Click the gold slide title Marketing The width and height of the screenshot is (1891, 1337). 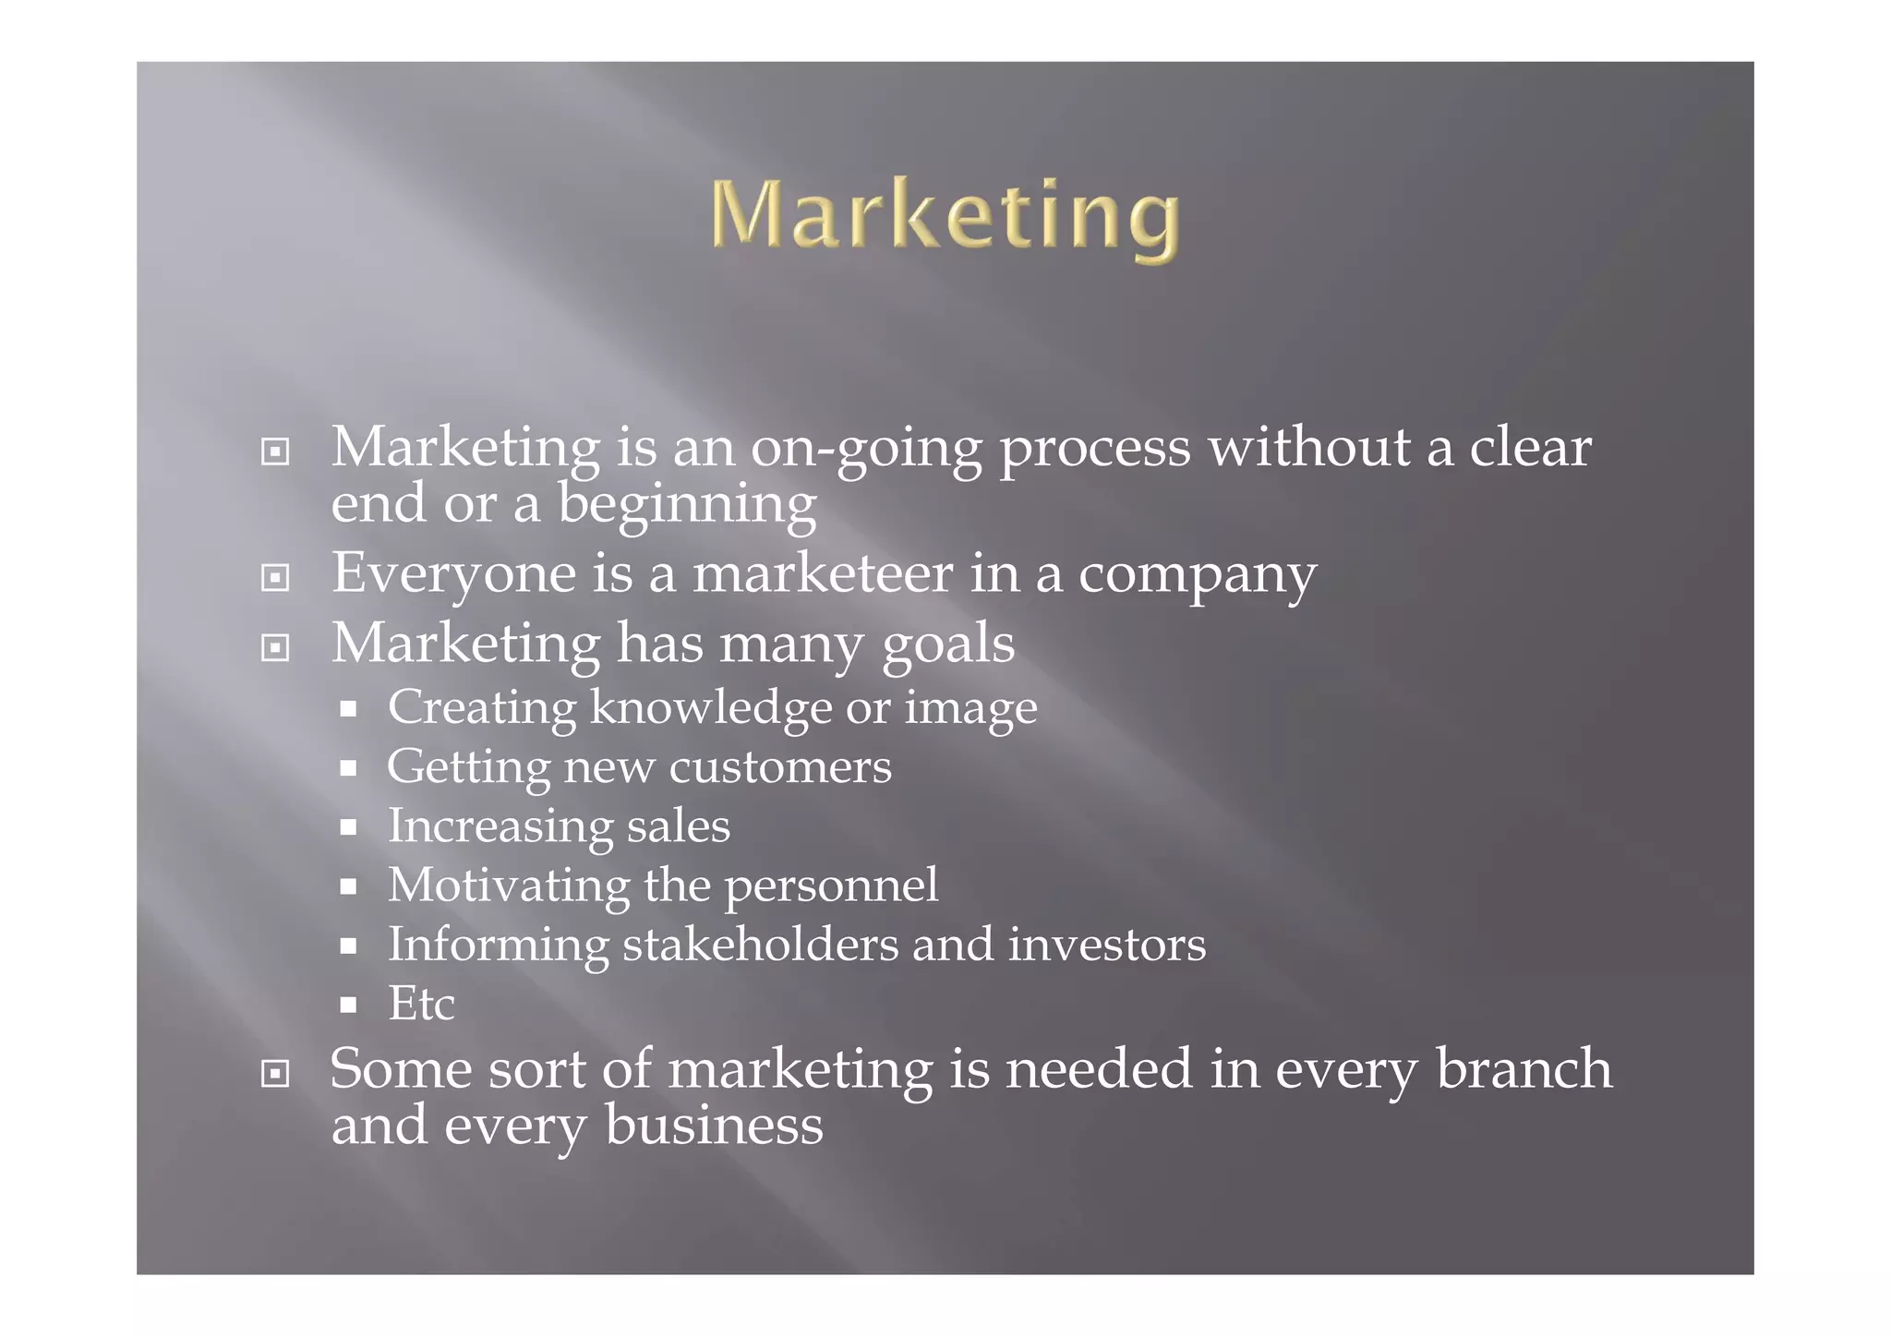coord(945,216)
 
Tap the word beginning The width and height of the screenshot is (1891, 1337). coord(687,506)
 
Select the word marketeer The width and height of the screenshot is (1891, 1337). coord(823,573)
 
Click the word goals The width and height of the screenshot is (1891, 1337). coord(948,644)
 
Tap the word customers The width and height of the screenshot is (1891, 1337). coord(780,767)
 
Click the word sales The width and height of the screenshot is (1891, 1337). coord(679,825)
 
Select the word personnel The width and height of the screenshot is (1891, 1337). coord(831,886)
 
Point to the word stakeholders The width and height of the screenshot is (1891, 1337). coord(760,945)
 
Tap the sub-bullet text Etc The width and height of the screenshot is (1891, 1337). coord(421,1004)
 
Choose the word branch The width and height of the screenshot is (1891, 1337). coord(1524,1069)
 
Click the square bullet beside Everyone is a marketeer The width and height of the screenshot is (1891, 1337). coord(275,578)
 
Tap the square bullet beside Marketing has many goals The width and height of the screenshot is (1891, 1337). coord(275,648)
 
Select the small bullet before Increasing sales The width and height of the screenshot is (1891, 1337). coord(348,827)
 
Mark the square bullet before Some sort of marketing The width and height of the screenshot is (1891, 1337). coord(275,1074)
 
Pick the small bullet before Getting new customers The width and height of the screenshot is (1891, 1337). coord(348,768)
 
